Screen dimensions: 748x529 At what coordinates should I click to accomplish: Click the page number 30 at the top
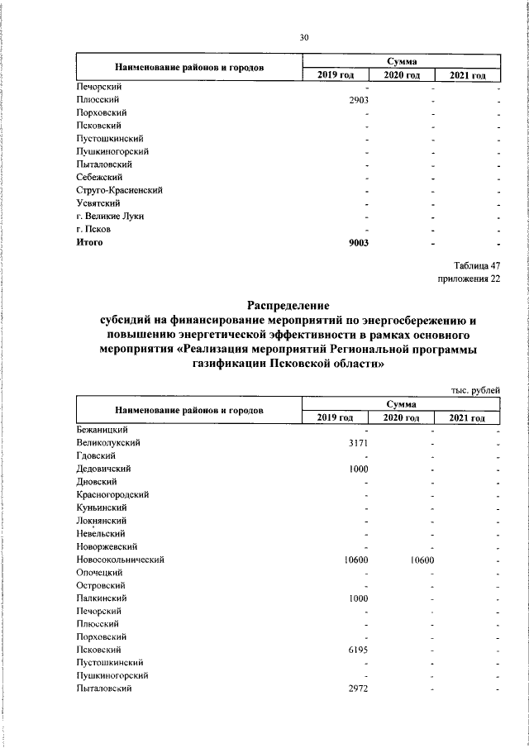click(303, 37)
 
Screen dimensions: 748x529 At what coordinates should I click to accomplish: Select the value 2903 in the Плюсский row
click(357, 99)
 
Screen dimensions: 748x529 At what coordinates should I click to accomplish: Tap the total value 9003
click(357, 242)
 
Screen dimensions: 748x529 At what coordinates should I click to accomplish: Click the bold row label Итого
click(88, 242)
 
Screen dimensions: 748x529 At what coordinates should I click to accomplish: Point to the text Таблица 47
click(478, 265)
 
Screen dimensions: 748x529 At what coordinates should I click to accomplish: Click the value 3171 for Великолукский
click(357, 443)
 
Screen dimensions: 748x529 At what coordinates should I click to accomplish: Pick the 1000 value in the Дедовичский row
click(357, 469)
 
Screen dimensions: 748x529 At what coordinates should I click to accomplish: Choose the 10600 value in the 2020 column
click(422, 560)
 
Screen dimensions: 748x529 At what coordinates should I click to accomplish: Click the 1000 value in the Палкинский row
click(357, 598)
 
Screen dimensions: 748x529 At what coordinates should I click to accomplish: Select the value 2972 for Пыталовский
click(357, 688)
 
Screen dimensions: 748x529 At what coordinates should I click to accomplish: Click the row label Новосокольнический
click(121, 560)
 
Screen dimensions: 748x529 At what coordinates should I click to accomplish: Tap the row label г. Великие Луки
click(110, 216)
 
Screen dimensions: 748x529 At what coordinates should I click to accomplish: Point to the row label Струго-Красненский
click(119, 190)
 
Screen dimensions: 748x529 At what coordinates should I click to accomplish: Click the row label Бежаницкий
click(101, 430)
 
